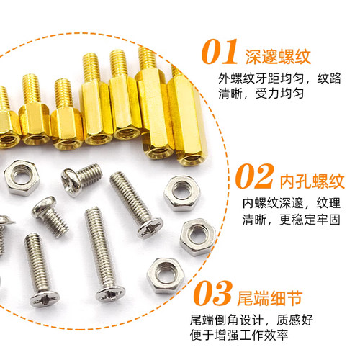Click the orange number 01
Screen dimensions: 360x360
coord(220,52)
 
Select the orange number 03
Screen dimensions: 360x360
coord(213,293)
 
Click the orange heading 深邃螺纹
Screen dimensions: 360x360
coord(278,57)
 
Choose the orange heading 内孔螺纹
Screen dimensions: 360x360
coord(312,181)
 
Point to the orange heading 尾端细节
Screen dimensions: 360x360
coord(270,298)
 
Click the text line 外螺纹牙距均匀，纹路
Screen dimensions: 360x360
coord(279,78)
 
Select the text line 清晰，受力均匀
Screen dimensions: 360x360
coord(261,94)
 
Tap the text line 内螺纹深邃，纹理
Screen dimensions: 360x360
coord(292,203)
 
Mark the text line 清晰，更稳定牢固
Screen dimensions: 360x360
coord(292,220)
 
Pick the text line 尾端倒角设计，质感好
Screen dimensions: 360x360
coord(251,320)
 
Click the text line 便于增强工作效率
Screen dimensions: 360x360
coord(239,335)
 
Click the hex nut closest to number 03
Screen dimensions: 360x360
coord(166,276)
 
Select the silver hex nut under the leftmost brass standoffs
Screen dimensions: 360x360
coord(22,178)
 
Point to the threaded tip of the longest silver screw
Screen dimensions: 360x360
coord(92,212)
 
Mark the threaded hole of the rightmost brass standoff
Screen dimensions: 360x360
coord(192,159)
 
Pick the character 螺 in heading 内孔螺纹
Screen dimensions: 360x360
coord(320,181)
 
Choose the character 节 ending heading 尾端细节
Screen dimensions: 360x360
coord(294,298)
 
